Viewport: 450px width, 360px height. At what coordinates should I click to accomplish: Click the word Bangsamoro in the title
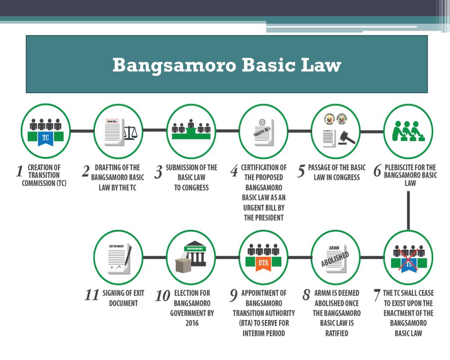point(174,65)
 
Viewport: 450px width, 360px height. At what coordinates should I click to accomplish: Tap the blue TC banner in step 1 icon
point(45,138)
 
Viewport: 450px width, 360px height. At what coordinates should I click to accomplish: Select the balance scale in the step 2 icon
point(131,133)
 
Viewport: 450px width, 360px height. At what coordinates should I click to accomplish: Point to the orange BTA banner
point(263,263)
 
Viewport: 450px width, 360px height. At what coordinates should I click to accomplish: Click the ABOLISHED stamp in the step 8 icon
point(335,259)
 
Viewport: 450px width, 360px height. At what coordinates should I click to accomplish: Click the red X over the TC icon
point(408,260)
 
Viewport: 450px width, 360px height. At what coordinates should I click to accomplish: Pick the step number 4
point(235,171)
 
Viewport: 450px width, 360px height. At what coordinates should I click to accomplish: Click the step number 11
point(91,295)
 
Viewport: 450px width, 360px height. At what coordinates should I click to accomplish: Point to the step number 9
point(234,296)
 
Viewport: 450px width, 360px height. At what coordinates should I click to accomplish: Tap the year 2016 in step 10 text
point(192,323)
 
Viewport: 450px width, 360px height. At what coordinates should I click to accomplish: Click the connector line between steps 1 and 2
point(82,131)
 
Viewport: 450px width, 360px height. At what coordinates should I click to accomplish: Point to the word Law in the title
point(321,65)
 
